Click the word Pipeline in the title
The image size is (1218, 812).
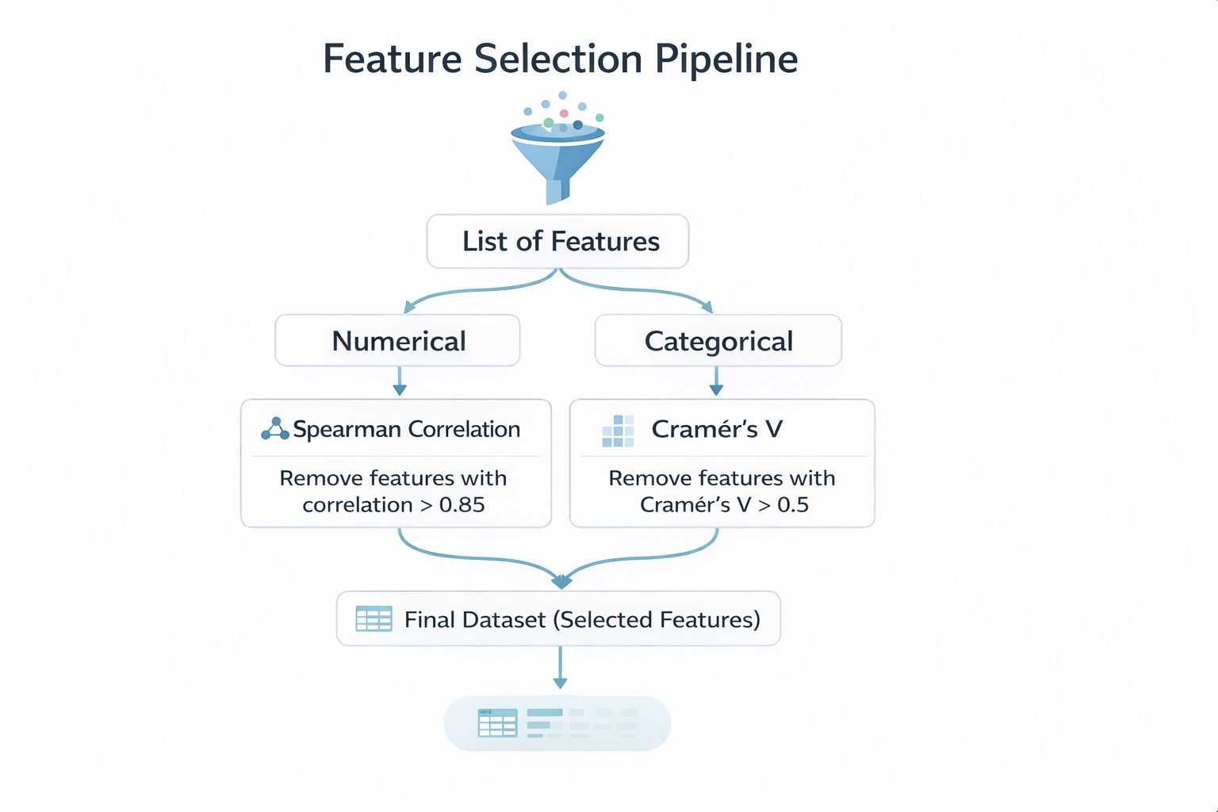point(726,59)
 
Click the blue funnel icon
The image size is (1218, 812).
point(558,159)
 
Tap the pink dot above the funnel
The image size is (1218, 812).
point(564,113)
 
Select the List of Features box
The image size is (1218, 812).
point(557,241)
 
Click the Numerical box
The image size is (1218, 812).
point(397,341)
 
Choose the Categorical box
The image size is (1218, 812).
point(718,341)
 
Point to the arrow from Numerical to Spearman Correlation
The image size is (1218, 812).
point(400,381)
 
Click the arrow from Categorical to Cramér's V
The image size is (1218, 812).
point(716,381)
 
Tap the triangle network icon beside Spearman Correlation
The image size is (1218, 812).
point(274,429)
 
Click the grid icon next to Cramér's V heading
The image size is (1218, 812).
point(618,431)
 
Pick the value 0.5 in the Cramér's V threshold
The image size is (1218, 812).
point(792,505)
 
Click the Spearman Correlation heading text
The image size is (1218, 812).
point(406,429)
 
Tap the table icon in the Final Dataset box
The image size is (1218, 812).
point(373,619)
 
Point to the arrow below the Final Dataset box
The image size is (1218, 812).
point(560,668)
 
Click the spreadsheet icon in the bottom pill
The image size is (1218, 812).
point(497,722)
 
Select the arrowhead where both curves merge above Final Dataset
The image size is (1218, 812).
point(561,582)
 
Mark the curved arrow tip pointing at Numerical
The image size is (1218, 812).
point(409,308)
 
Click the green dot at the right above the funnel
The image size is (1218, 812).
point(599,117)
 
